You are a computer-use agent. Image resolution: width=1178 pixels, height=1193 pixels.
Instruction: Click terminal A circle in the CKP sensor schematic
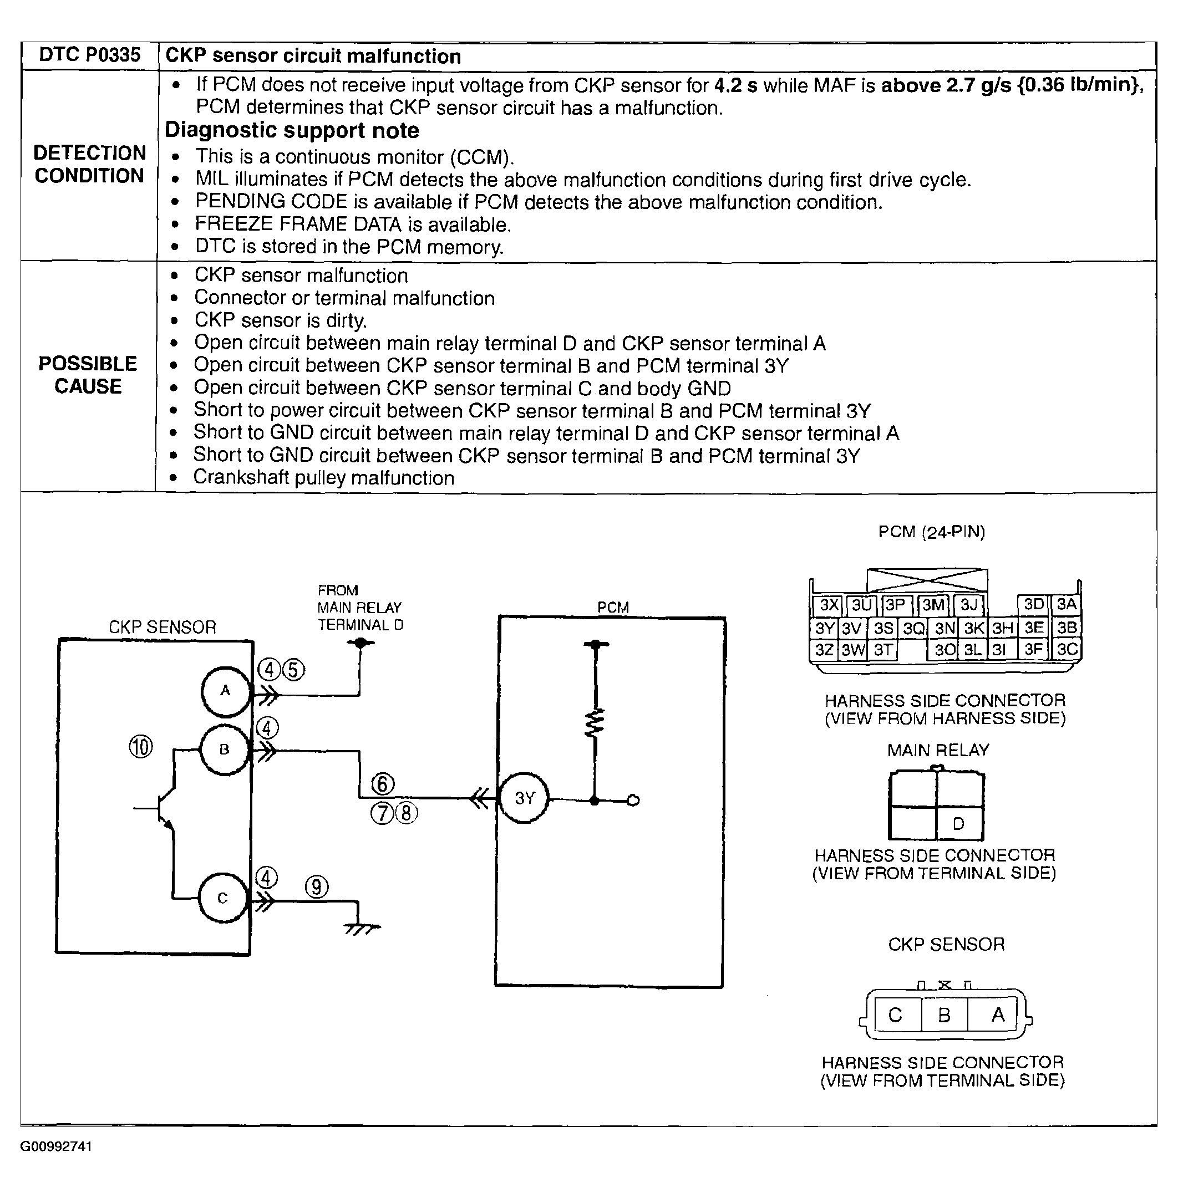pos(226,691)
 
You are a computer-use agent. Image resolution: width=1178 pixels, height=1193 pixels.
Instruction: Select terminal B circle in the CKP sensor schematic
pos(224,750)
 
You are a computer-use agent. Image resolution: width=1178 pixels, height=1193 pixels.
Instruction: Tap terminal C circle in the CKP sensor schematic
pos(223,898)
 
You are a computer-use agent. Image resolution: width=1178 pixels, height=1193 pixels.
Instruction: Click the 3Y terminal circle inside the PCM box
pos(524,798)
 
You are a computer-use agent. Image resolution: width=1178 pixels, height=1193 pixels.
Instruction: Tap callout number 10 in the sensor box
pos(141,747)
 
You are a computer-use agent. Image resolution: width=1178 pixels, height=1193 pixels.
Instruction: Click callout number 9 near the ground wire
pos(316,888)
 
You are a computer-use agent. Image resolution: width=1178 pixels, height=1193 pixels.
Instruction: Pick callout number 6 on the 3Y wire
pos(382,784)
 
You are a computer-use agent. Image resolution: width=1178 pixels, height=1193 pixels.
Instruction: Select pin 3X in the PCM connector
pos(829,604)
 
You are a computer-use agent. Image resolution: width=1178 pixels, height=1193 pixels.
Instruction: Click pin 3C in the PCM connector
pos(1067,650)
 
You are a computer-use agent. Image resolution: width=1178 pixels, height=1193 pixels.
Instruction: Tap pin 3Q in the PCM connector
pos(913,629)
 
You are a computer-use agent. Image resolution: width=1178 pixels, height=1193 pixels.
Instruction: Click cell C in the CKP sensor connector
pos(895,1015)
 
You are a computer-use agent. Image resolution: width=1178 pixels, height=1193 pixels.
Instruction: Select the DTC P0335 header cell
pos(89,55)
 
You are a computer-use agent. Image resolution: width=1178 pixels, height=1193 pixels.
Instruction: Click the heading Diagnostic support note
pos(292,130)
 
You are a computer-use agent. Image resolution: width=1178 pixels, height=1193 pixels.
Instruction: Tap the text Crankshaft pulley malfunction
pos(324,478)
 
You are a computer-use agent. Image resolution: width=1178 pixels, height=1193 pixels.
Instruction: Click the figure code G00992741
pos(56,1146)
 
